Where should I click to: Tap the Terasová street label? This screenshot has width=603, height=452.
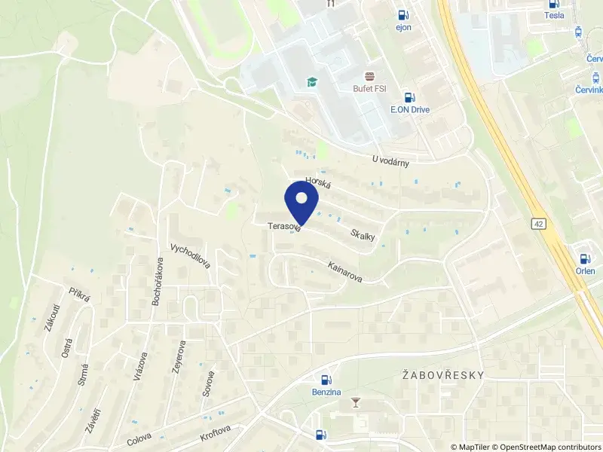point(283,226)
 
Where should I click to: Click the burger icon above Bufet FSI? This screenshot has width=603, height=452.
point(370,76)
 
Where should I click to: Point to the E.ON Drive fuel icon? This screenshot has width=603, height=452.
point(409,96)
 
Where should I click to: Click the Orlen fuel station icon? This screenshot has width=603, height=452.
point(585,258)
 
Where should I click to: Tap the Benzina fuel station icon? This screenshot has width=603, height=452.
point(326,380)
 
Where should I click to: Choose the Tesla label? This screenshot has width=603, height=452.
point(554,15)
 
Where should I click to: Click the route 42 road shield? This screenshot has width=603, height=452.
point(538,224)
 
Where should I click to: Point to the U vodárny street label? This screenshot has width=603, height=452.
point(395,160)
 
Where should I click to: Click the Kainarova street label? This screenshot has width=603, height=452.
point(344,272)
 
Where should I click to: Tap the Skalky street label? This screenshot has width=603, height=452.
point(363,235)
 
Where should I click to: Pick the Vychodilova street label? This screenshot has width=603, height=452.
point(190,256)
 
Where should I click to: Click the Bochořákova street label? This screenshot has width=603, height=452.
point(159,281)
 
